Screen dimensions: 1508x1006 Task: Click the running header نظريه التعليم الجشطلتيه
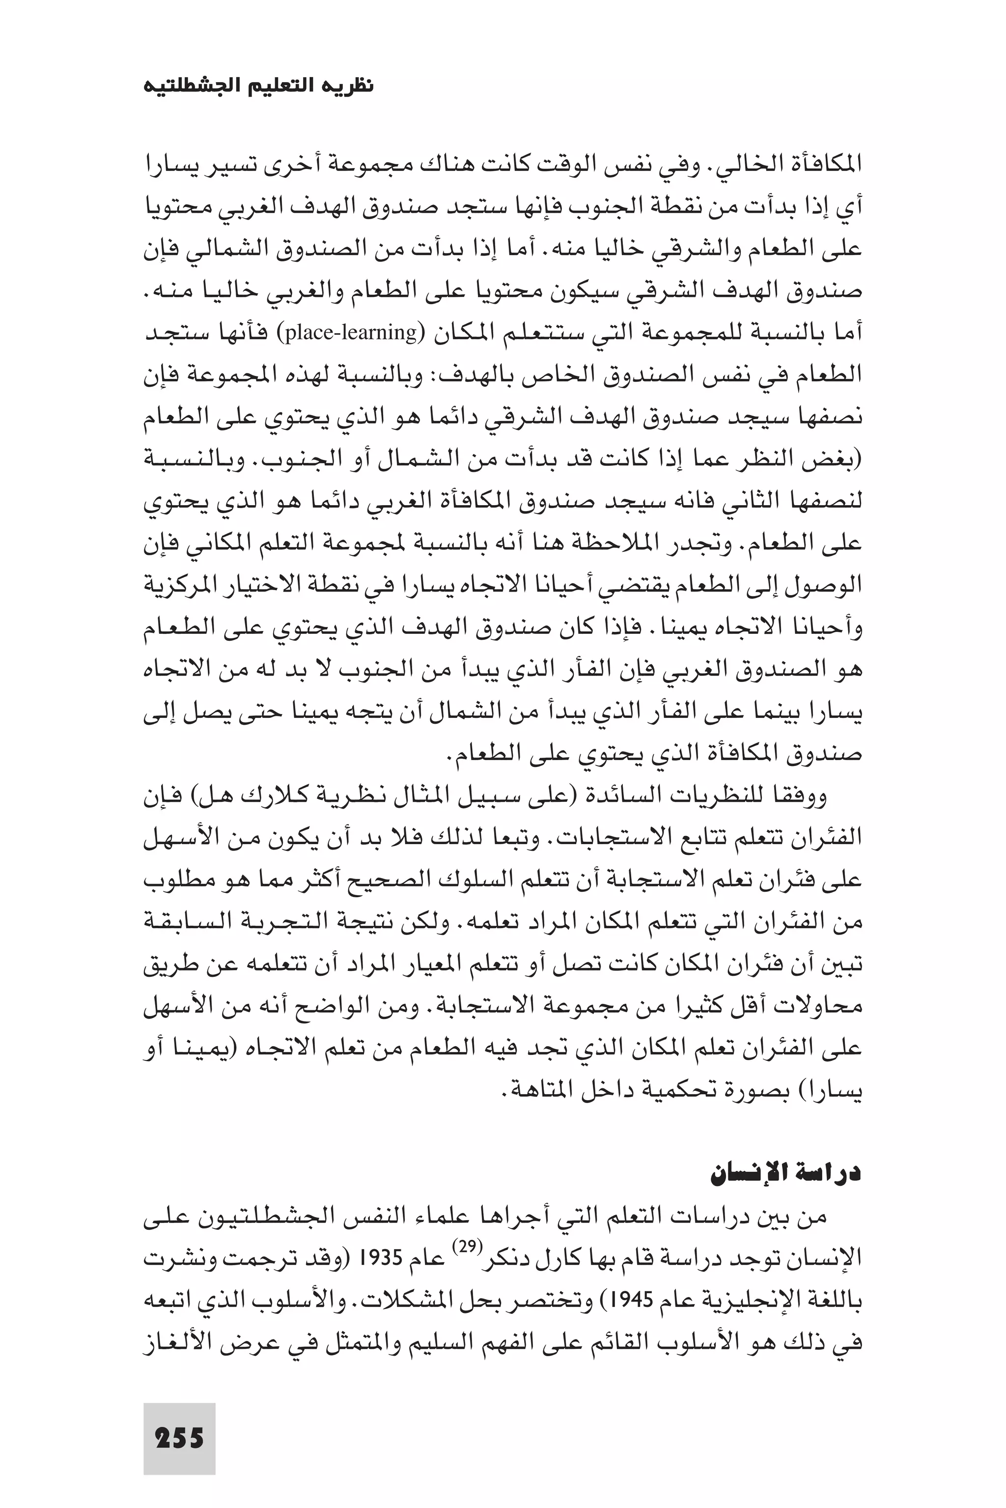pos(258,86)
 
